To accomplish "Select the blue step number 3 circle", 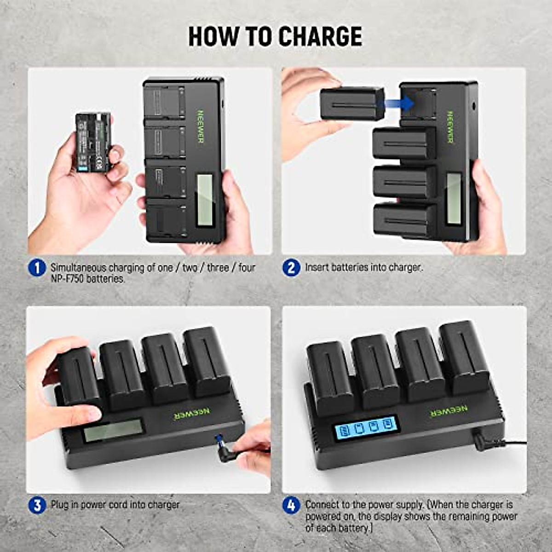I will [x=37, y=506].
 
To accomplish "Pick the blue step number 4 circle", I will [x=291, y=506].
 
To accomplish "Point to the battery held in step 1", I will [x=93, y=142].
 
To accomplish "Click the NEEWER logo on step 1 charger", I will [x=201, y=126].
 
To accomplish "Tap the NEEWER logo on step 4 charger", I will [x=448, y=411].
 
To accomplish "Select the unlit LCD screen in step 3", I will [x=113, y=431].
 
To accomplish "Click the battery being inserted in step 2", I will [x=352, y=104].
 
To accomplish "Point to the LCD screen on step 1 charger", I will [x=204, y=201].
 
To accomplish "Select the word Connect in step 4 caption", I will [x=325, y=505].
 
